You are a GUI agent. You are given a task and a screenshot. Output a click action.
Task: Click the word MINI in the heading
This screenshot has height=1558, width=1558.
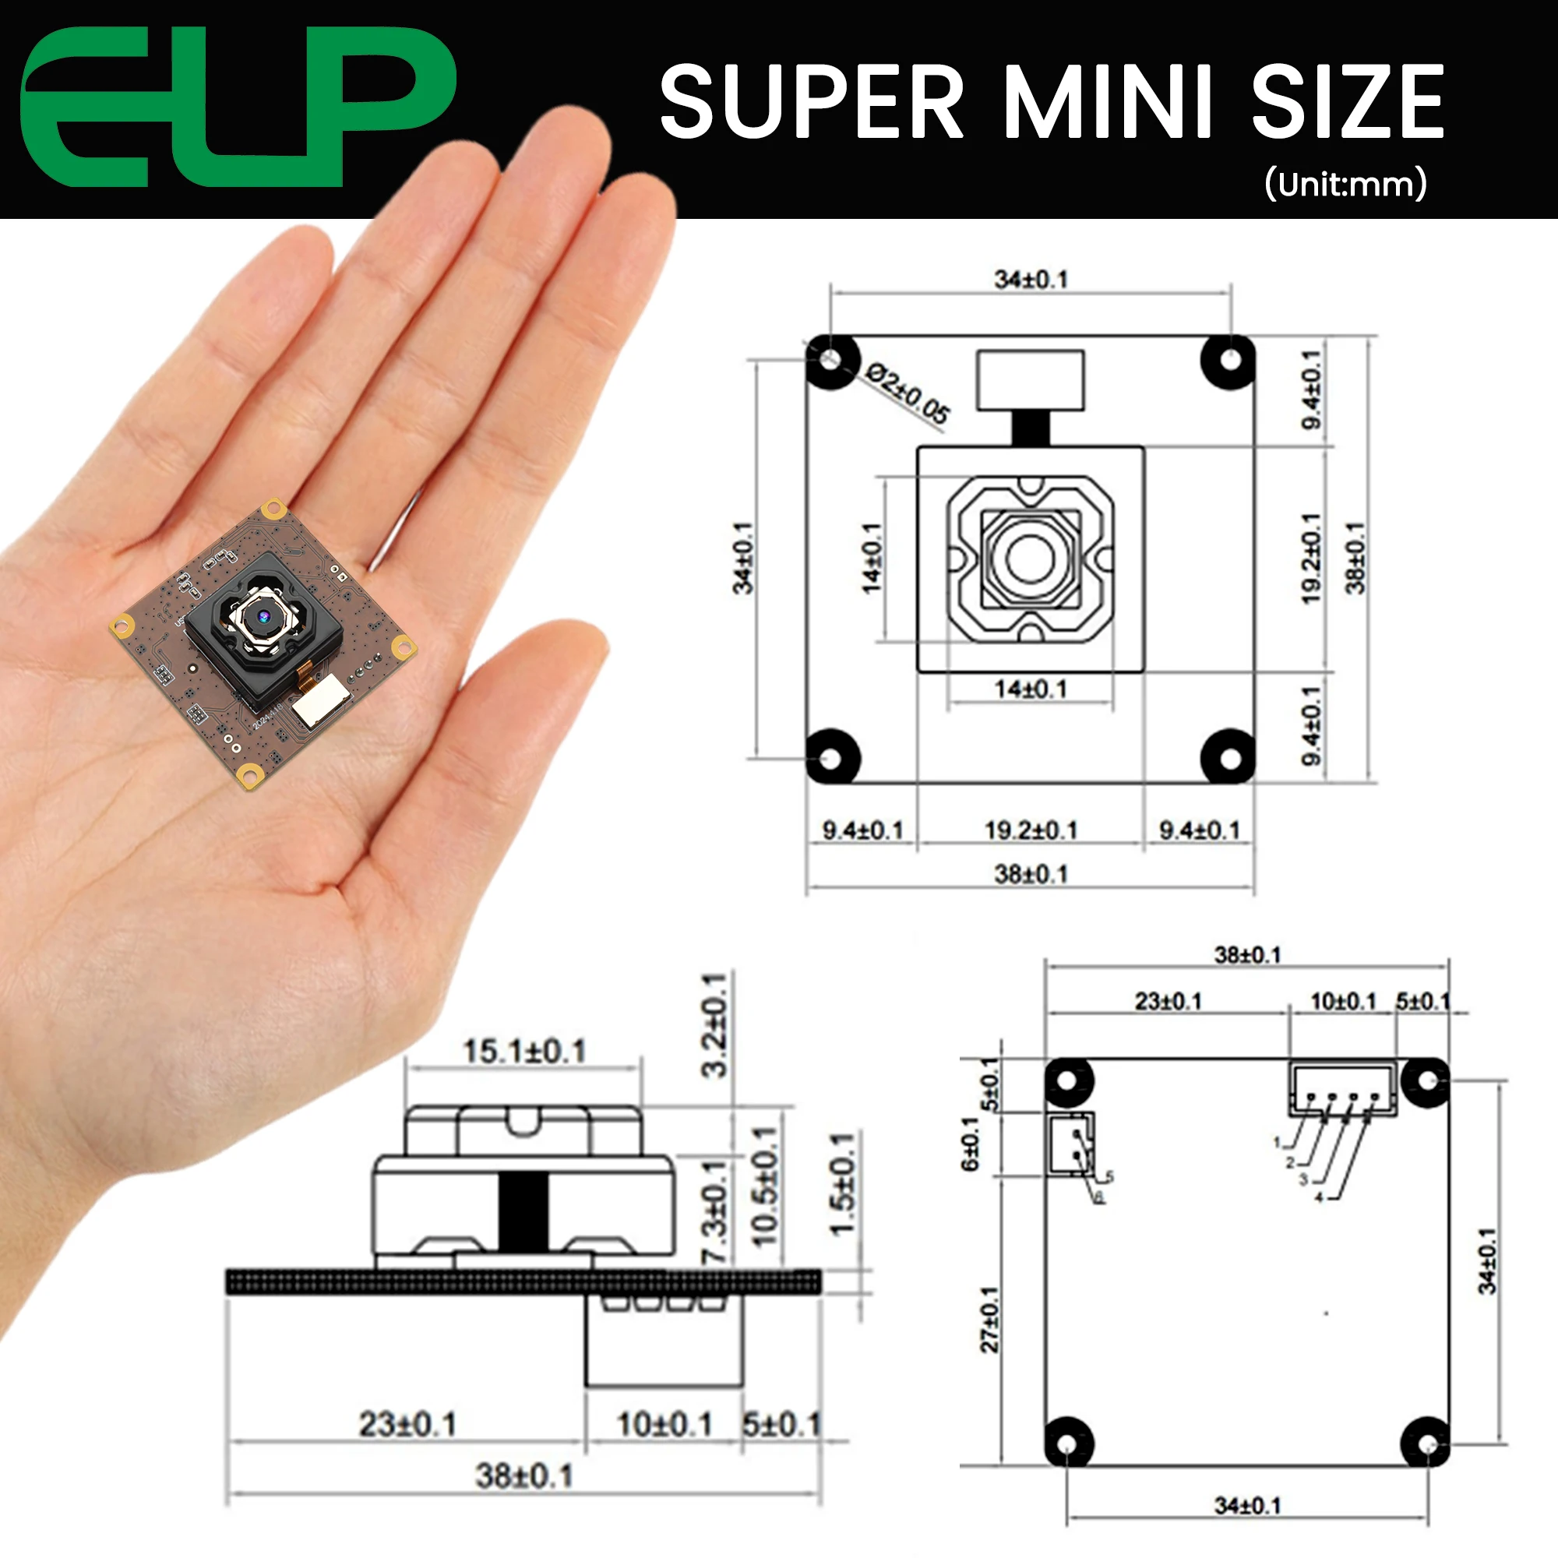(x=1108, y=101)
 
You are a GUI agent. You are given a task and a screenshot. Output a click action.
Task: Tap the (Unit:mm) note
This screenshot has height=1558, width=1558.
(x=1345, y=184)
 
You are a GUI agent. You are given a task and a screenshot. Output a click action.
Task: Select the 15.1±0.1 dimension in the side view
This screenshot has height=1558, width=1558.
(x=524, y=1051)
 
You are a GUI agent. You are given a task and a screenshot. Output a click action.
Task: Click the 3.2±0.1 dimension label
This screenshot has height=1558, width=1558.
(x=714, y=1025)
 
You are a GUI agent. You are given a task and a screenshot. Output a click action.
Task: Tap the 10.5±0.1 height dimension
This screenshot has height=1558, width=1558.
(x=763, y=1186)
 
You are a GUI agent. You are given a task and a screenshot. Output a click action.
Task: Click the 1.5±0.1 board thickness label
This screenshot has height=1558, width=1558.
(x=842, y=1185)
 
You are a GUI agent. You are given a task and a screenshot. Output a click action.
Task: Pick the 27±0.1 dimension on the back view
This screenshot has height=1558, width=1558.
(x=989, y=1320)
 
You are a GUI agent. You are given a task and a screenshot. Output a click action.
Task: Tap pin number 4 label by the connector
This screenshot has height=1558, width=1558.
(x=1320, y=1197)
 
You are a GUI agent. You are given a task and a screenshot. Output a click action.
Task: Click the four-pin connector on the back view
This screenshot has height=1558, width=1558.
(x=1343, y=1090)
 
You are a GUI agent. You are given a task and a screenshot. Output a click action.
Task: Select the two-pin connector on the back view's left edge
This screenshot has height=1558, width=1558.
(x=1071, y=1144)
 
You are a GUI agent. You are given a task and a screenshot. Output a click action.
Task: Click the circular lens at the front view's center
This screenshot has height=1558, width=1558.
(x=1030, y=558)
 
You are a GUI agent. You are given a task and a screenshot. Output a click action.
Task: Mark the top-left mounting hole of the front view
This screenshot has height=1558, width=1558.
(x=830, y=358)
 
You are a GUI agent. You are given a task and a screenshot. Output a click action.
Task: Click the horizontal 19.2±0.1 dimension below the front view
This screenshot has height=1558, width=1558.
(x=1031, y=830)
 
